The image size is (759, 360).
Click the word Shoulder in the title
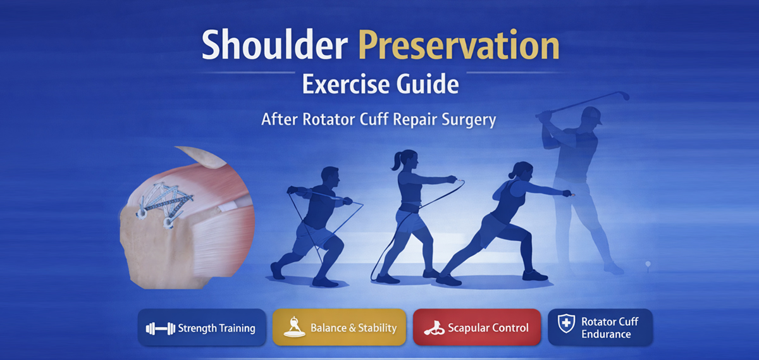(x=275, y=45)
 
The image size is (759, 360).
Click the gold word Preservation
(x=459, y=45)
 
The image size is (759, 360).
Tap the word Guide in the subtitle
(x=428, y=84)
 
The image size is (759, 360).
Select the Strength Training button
(x=202, y=328)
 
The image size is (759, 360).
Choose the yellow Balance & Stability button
(x=339, y=328)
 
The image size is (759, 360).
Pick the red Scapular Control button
(x=477, y=328)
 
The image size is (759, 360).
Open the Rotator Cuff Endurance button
(x=600, y=328)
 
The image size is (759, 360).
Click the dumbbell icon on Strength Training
(x=160, y=328)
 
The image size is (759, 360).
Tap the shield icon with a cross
(x=566, y=323)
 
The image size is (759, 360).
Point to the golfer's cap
(x=591, y=115)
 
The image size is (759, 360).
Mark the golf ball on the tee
(x=648, y=263)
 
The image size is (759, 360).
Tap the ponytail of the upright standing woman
(x=396, y=162)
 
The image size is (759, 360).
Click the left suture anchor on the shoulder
(x=140, y=213)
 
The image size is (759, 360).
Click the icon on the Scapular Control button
(x=434, y=328)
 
